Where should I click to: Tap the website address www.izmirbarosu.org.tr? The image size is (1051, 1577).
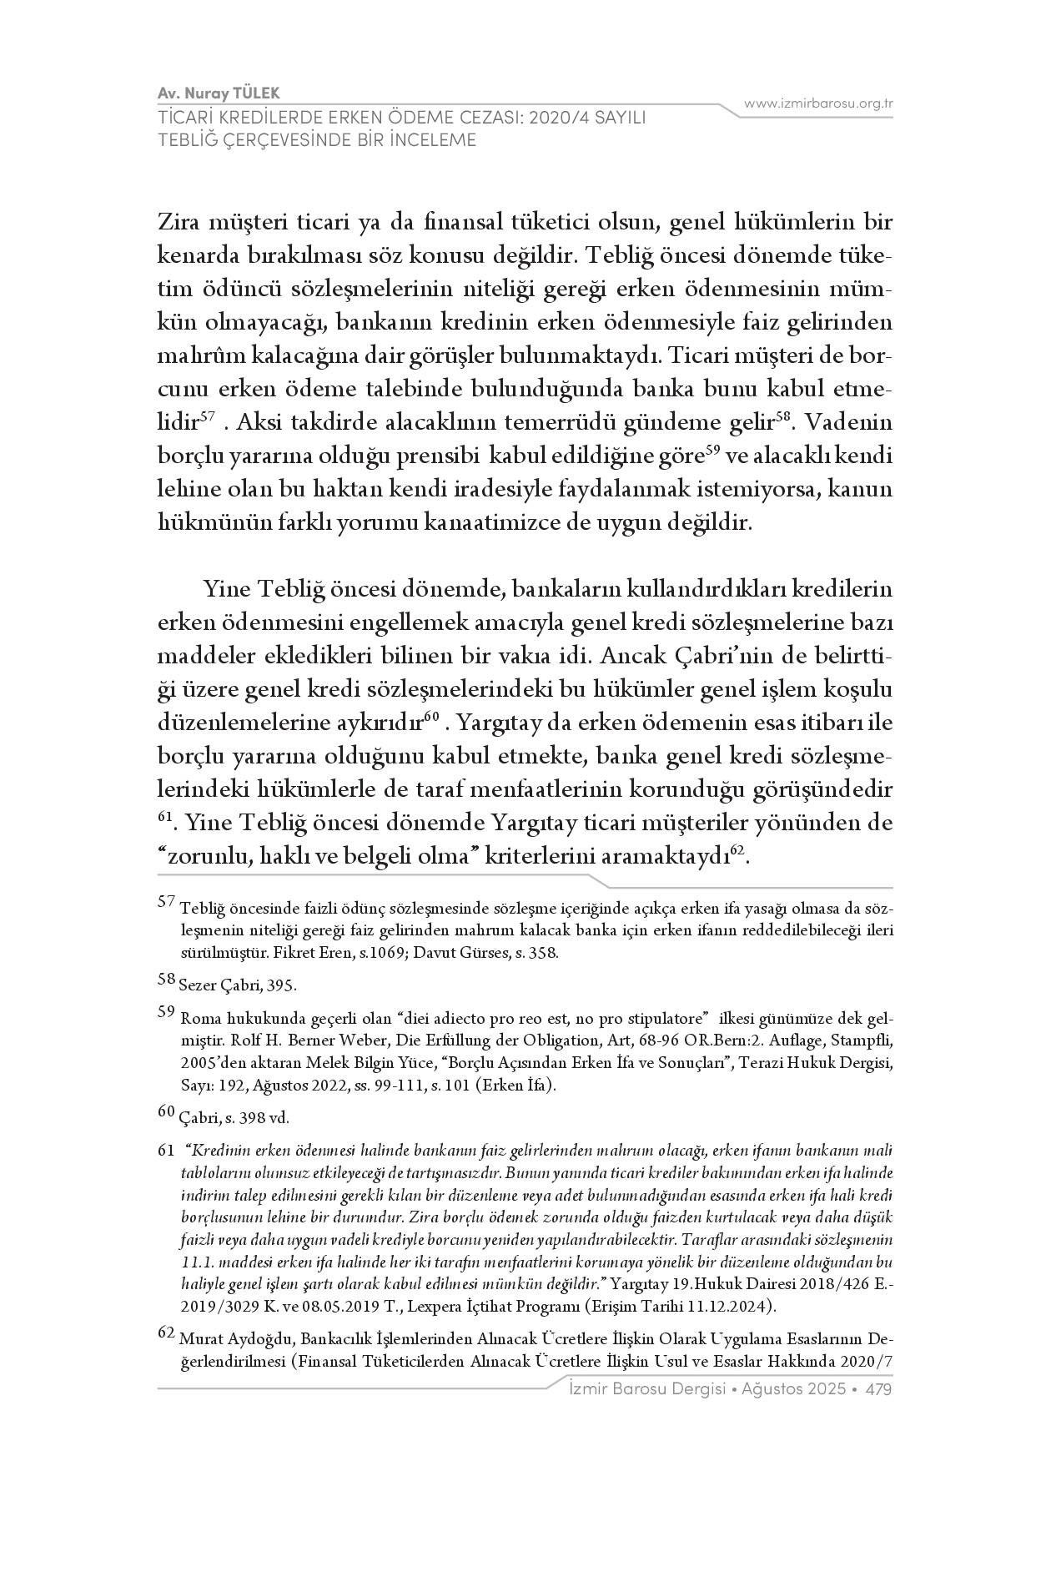pos(818,103)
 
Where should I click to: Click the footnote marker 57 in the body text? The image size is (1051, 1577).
pos(209,416)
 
